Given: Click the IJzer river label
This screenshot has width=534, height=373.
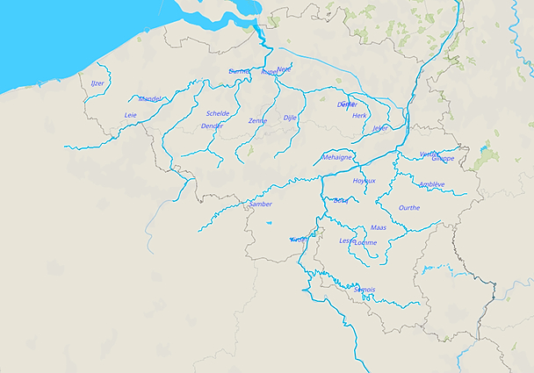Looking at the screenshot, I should pos(97,83).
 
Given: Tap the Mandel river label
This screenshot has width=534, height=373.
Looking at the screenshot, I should pos(150,99).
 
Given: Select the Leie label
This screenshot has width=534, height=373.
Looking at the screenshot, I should pos(131,115).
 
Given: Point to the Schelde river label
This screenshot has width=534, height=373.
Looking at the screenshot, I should pos(218,113).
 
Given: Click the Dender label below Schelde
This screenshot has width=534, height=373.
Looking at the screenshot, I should pos(212,126).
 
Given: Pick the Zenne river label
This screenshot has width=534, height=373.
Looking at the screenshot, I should pos(257,120).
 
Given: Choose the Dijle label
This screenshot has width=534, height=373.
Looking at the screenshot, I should pos(291,117).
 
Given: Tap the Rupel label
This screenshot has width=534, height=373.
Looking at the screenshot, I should pos(269,72).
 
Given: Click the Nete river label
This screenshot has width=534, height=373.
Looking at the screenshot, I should pos(285,68).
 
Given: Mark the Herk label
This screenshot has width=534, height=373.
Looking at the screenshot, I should pos(359,116).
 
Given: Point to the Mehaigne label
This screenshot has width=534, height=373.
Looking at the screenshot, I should pos(337,157).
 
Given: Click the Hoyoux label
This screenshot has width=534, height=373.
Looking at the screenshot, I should pos(364,181).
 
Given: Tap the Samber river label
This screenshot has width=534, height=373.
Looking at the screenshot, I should pos(261,204).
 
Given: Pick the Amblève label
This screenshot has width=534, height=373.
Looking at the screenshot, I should pos(431,184).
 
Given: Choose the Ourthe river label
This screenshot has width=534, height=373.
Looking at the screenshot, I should pos(409,208).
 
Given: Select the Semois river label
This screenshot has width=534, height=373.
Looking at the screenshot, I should pos(364,290).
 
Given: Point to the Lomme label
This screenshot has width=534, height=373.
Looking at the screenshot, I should pos(366,242).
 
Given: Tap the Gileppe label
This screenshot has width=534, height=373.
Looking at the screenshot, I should pos(444,159).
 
